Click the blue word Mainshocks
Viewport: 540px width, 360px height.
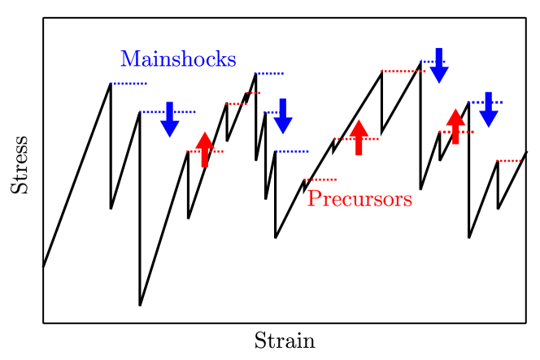tap(178, 59)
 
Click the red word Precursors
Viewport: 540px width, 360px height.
tap(359, 199)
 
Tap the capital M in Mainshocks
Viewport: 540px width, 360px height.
tap(129, 59)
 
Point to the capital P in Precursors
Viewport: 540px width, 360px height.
tap(313, 199)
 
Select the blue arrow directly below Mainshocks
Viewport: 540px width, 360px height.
tap(169, 120)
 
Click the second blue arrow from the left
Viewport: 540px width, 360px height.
tap(282, 117)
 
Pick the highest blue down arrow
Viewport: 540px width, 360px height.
tap(439, 67)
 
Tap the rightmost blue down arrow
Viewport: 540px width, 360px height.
tap(488, 111)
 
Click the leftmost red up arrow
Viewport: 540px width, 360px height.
tap(204, 149)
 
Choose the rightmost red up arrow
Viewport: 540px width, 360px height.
tap(455, 126)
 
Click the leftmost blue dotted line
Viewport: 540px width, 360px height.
tap(128, 84)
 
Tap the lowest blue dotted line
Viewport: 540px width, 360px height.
tap(292, 151)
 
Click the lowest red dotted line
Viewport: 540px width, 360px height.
tap(320, 180)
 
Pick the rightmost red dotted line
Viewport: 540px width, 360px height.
tap(508, 161)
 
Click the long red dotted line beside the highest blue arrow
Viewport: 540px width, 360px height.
tap(402, 72)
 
